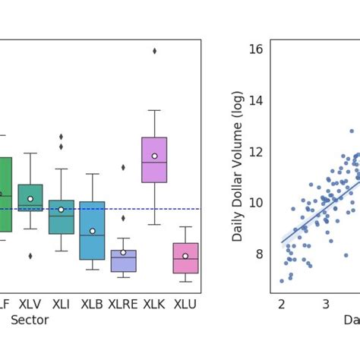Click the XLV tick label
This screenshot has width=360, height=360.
[x=30, y=304]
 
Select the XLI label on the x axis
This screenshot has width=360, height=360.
[x=62, y=304]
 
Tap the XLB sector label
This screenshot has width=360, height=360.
[x=92, y=304]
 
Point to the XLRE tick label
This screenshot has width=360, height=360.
[x=123, y=304]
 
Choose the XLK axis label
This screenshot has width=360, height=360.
[x=154, y=304]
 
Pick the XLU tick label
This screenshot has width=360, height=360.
[x=185, y=304]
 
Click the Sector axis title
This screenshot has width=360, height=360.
[x=30, y=321]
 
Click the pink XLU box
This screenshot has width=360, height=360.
[x=185, y=257]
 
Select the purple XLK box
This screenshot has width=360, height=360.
[x=154, y=159]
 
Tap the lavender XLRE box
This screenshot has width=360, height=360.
[x=123, y=261]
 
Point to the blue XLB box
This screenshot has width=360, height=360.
[x=92, y=230]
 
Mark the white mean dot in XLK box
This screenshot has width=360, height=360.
[x=154, y=156]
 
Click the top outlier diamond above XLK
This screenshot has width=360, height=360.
[x=154, y=51]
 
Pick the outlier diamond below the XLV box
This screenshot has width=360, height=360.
[x=30, y=256]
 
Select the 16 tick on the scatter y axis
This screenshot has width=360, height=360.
[x=255, y=49]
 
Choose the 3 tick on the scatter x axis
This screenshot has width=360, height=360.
[x=326, y=305]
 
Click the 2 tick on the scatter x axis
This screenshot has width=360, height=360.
[x=282, y=305]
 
